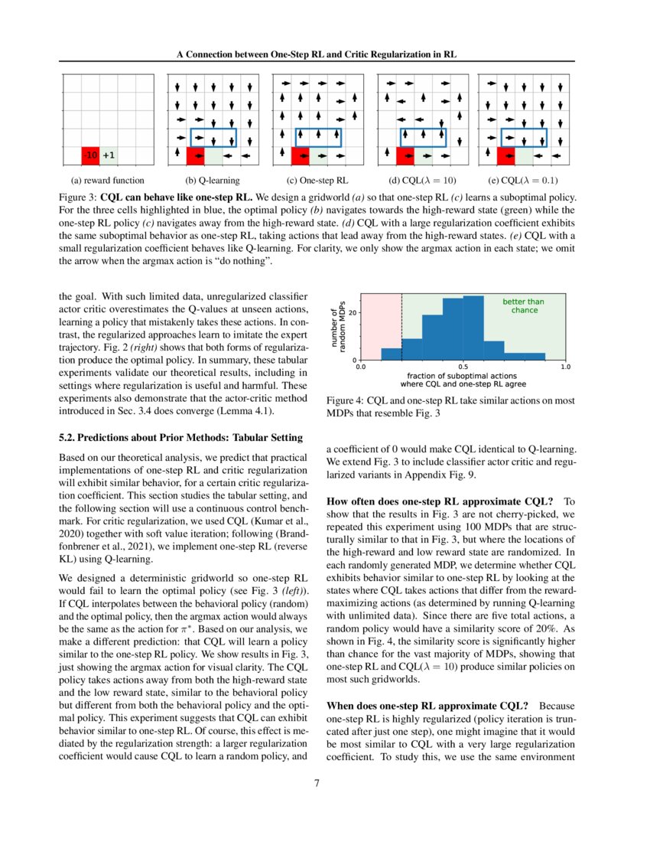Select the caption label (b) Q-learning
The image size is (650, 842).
coord(213,181)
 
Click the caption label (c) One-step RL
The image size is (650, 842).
coord(317,181)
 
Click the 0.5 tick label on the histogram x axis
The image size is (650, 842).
coord(463,367)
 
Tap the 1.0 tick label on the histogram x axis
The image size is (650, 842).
coord(566,367)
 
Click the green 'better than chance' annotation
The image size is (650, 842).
coord(524,305)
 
